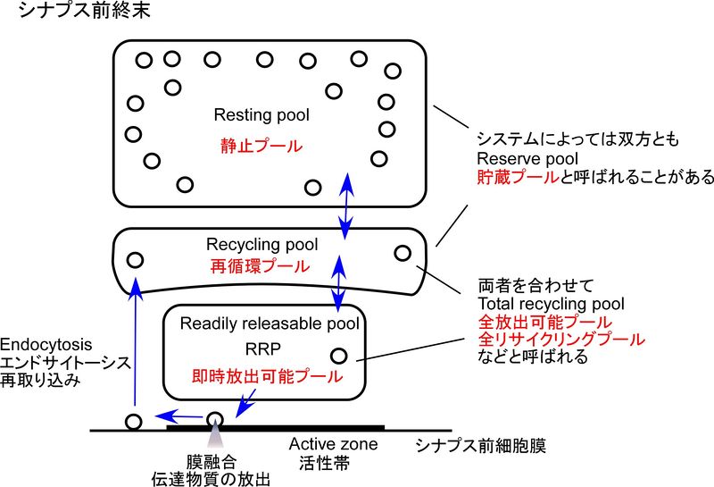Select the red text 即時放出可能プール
[x=266, y=376]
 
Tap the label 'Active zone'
[x=333, y=444]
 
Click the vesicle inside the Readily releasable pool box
[x=339, y=355]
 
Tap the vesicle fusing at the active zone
[x=215, y=418]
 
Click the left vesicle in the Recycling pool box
[x=136, y=260]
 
